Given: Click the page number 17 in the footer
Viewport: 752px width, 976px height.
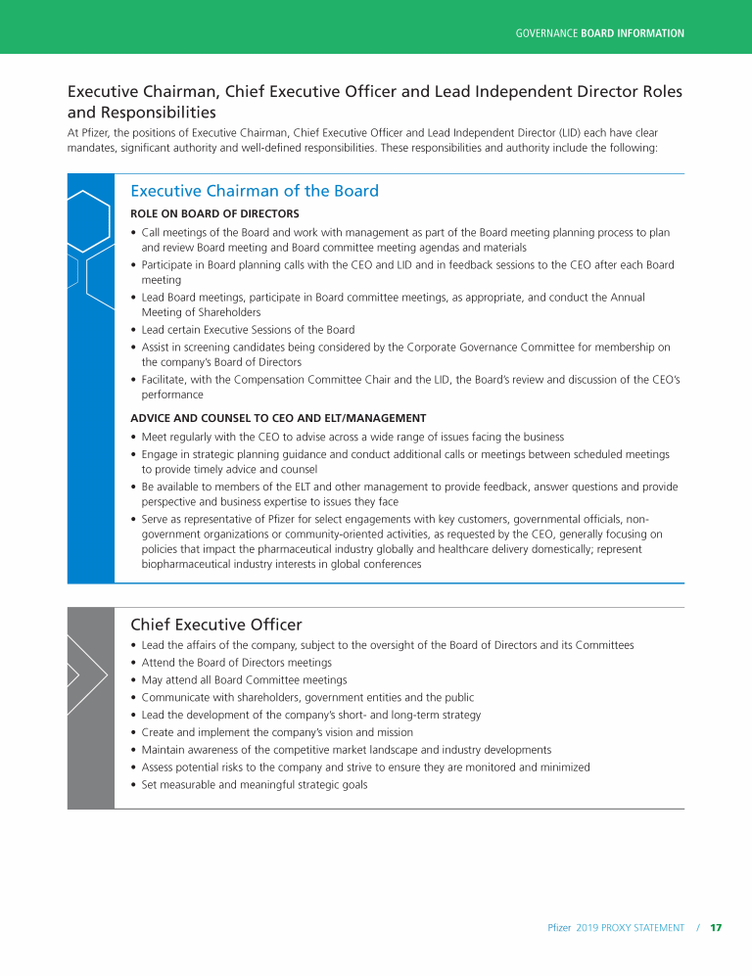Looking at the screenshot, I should (x=716, y=927).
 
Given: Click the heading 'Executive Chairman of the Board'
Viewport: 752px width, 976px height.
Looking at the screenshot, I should (x=255, y=191).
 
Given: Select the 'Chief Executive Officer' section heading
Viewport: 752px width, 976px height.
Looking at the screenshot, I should (x=215, y=625).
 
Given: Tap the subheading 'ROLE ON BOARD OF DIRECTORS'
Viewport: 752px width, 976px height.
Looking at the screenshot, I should (x=214, y=213).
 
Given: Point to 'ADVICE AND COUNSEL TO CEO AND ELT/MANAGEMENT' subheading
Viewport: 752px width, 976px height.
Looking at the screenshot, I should (x=278, y=418).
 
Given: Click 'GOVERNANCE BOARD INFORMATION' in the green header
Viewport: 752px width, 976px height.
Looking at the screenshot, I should (x=599, y=33).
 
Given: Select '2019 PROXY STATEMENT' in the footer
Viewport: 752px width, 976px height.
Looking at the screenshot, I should (x=630, y=927).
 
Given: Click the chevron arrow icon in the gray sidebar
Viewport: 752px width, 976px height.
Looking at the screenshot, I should (x=86, y=674).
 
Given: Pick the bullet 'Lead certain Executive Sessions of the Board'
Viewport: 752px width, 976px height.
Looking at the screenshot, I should (x=248, y=330).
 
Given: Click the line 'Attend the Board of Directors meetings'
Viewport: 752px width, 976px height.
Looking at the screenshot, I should (x=236, y=663).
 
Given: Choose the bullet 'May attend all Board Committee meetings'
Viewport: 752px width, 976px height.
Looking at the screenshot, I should (x=244, y=680).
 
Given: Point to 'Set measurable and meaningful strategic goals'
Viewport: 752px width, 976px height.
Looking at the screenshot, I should (x=255, y=785).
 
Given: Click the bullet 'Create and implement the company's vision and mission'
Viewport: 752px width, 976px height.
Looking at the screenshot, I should (x=277, y=732).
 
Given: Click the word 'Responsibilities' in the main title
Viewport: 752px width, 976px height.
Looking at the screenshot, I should (x=143, y=113).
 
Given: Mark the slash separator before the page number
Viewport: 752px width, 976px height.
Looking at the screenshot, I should (x=699, y=927).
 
